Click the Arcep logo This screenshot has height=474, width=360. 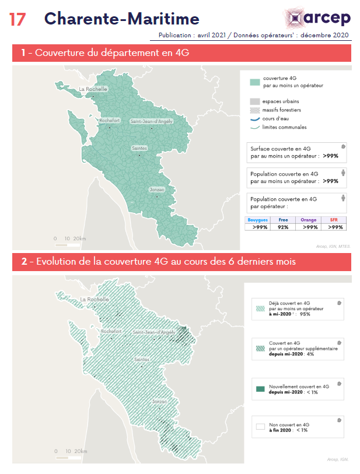click(319, 17)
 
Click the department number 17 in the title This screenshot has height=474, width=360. click(18, 19)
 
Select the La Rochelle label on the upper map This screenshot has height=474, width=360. click(93, 89)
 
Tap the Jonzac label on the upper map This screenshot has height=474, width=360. click(157, 190)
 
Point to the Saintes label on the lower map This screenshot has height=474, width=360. click(142, 360)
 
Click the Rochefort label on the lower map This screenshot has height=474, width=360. click(110, 332)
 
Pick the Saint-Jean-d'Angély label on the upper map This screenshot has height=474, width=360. click(151, 121)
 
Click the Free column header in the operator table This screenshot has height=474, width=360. click(284, 219)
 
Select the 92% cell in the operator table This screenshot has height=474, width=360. click(284, 227)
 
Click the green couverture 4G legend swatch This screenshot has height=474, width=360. click(254, 82)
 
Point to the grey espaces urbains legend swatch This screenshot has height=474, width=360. click(254, 101)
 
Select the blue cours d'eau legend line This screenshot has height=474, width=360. click(254, 118)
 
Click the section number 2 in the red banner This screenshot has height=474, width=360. click(24, 262)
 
